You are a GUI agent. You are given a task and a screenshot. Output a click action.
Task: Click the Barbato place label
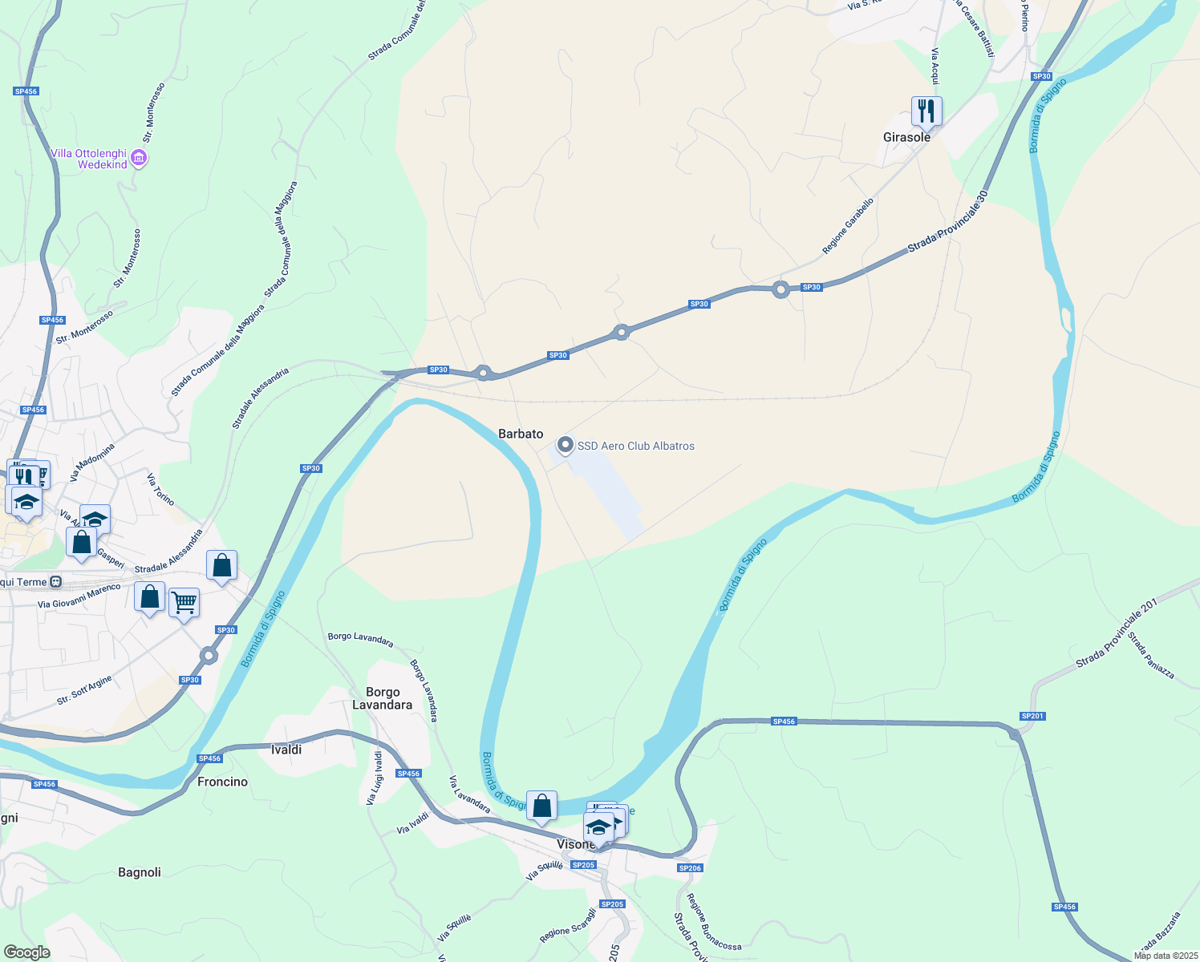click(521, 434)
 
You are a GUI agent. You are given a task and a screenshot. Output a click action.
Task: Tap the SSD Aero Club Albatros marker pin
click(566, 445)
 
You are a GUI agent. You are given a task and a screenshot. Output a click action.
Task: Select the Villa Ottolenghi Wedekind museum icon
click(139, 159)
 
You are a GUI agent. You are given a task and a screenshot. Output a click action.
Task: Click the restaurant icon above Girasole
click(926, 111)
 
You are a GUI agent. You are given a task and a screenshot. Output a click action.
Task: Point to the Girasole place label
click(906, 137)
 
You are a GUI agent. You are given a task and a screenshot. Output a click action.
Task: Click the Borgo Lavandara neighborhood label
click(383, 698)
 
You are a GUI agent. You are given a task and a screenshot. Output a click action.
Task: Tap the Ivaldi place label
click(286, 750)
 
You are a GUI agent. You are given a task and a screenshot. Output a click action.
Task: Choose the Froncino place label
click(222, 782)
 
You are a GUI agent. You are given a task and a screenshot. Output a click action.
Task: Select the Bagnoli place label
click(140, 872)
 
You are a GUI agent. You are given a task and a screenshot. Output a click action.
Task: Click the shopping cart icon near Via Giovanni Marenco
click(184, 602)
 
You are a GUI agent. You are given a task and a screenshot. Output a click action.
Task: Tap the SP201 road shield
click(1032, 716)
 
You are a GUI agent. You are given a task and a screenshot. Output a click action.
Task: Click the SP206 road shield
click(690, 868)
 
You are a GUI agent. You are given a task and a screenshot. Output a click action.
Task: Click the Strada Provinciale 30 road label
click(948, 222)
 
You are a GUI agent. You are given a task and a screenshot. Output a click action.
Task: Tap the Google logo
click(26, 952)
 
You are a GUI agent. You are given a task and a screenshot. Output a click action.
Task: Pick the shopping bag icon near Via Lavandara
click(541, 806)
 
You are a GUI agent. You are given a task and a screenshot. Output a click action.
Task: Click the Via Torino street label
click(160, 489)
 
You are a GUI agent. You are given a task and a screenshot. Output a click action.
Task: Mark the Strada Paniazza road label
click(1151, 656)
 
